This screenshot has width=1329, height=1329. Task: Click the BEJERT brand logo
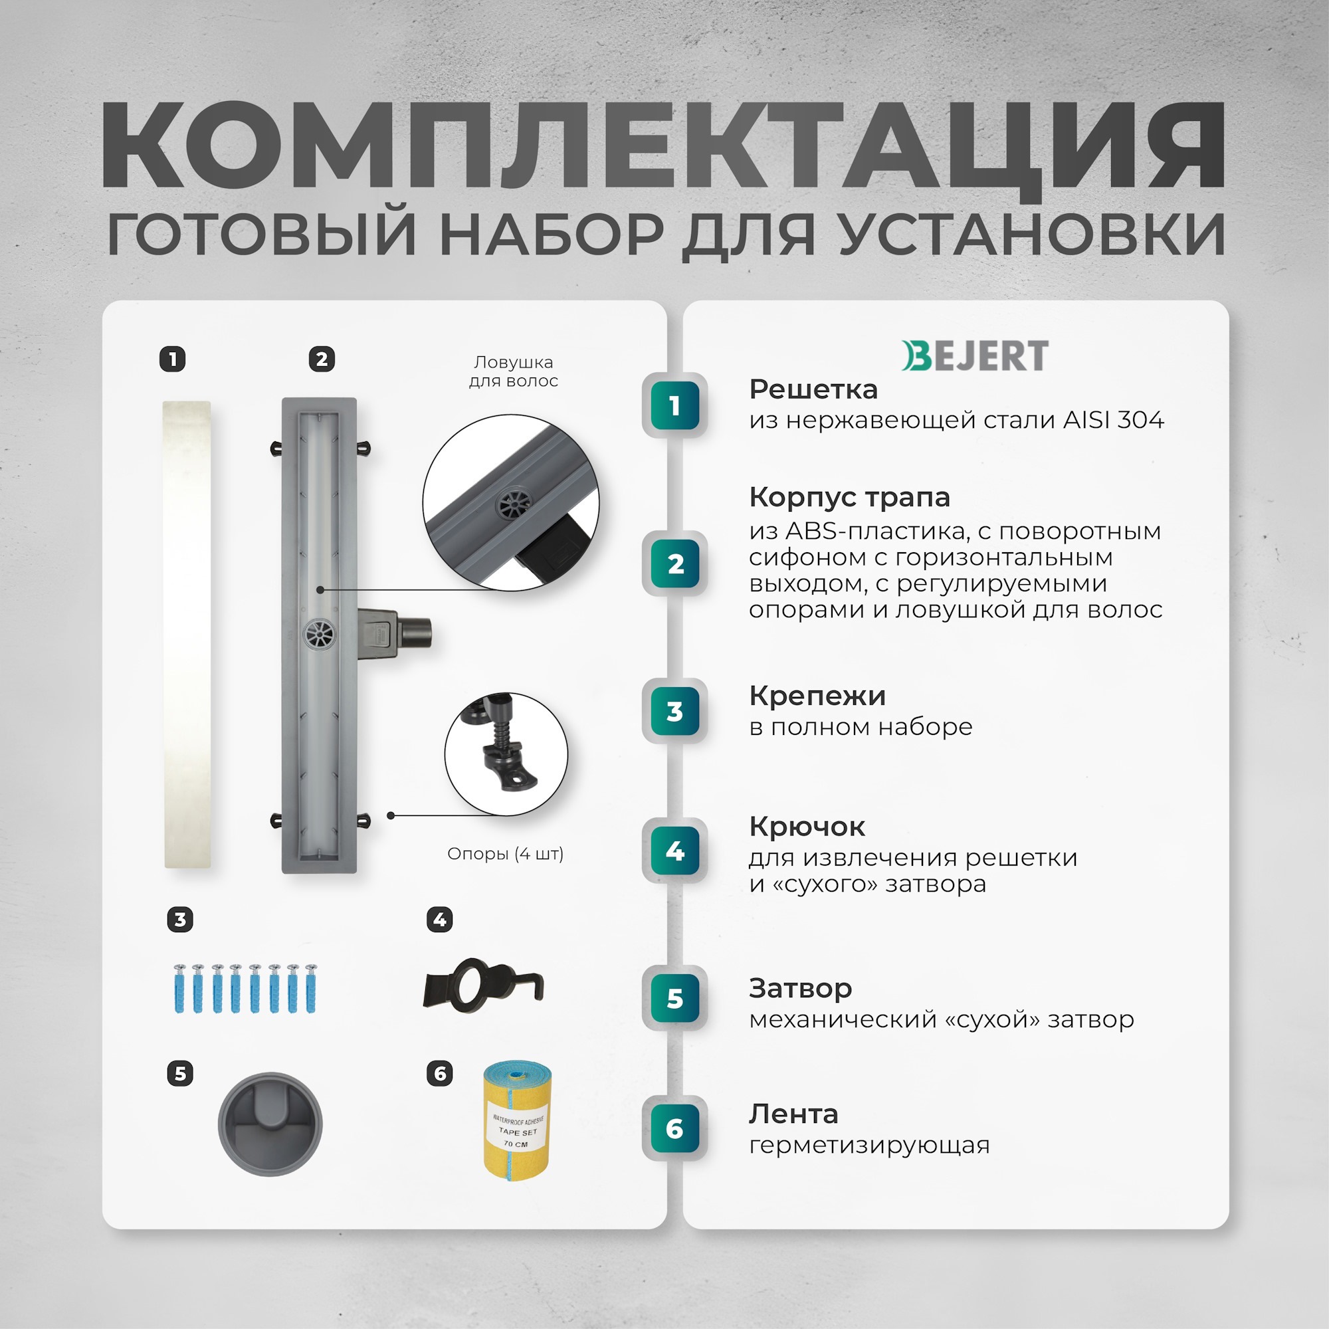click(975, 356)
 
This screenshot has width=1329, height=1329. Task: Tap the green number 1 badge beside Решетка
click(675, 406)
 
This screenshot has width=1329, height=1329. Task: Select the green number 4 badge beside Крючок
click(675, 851)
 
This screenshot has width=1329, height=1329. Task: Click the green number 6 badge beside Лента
click(675, 1128)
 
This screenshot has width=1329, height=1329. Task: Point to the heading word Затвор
click(800, 989)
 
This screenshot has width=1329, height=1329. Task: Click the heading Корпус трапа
click(849, 496)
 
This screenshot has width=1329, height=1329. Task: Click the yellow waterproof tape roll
click(517, 1121)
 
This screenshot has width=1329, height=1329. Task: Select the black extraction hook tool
click(482, 985)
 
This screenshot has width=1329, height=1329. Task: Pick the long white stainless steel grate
click(187, 634)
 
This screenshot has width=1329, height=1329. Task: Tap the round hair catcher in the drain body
click(319, 632)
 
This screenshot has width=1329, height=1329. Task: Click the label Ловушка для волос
click(513, 371)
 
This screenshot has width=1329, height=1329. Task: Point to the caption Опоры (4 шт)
click(505, 854)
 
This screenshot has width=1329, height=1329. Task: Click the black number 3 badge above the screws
click(180, 920)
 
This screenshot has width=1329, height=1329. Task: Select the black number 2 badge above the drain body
click(321, 359)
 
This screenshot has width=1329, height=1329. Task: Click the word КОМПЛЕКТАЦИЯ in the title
click(663, 146)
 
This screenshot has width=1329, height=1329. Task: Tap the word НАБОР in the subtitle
click(550, 235)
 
